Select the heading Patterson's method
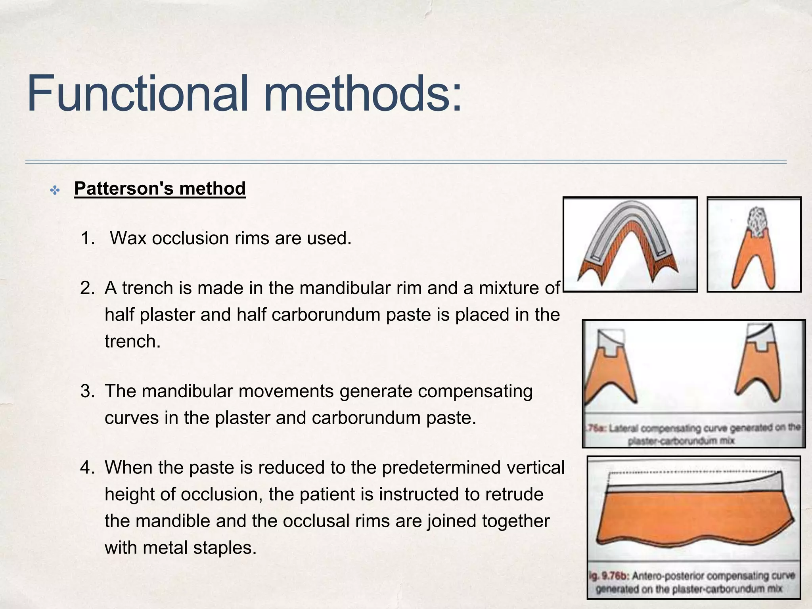click(160, 188)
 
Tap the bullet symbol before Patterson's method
click(55, 191)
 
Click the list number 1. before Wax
click(88, 238)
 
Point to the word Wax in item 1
click(128, 238)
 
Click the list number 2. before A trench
click(88, 288)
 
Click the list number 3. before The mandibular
click(88, 391)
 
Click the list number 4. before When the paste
click(88, 467)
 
